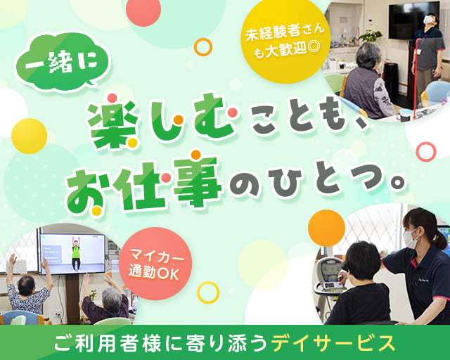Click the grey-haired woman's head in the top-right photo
368,56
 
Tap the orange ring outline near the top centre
202,47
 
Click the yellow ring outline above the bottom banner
207,292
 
